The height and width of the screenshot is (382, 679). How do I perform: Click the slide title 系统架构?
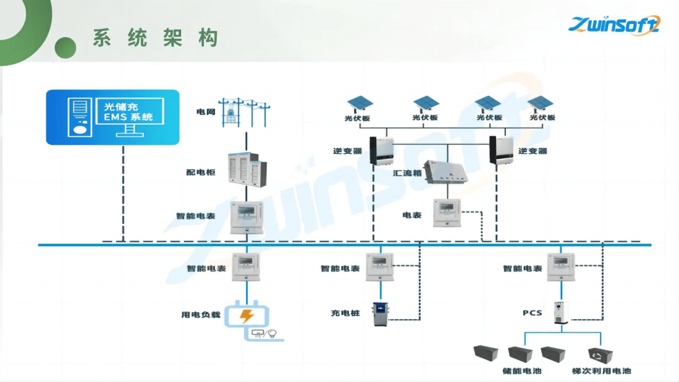[155, 37]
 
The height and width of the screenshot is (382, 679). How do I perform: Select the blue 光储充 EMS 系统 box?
[113, 117]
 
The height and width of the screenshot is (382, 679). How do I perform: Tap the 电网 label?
[206, 112]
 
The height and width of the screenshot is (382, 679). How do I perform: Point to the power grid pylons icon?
[244, 112]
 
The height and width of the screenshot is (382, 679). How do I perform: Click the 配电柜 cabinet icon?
[246, 171]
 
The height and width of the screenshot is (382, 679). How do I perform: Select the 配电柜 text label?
[201, 172]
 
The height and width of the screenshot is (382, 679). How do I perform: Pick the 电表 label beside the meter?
[412, 215]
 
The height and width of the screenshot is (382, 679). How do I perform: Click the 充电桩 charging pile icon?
[379, 314]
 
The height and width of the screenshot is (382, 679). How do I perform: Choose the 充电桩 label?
[345, 312]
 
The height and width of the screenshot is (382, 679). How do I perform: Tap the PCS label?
[532, 312]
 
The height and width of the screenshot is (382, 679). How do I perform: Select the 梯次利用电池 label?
[602, 371]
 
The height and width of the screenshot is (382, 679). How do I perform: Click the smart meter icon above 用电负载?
[246, 266]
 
